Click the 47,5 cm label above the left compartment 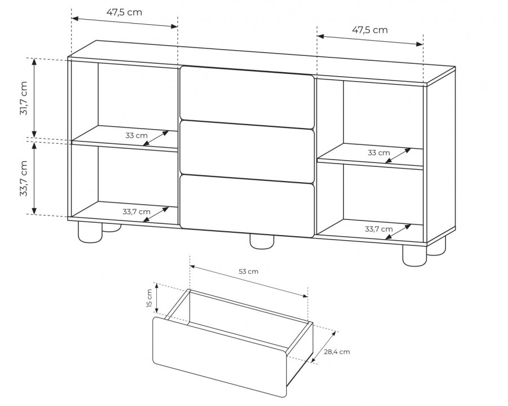click(x=124, y=12)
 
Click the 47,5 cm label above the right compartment click(x=370, y=30)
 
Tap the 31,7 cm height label click(x=24, y=98)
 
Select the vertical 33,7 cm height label click(x=24, y=178)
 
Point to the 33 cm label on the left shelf click(x=137, y=135)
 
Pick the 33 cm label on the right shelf click(x=379, y=152)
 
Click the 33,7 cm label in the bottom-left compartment click(x=137, y=212)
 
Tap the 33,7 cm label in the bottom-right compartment click(x=379, y=230)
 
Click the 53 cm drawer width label click(x=248, y=271)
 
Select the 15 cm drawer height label click(x=149, y=298)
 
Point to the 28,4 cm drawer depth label click(x=337, y=352)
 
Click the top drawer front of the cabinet click(x=247, y=96)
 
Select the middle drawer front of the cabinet click(x=247, y=152)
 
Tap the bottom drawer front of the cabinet click(x=247, y=206)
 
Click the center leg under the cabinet click(x=262, y=242)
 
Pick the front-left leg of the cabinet click(x=90, y=232)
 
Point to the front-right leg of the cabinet click(x=415, y=255)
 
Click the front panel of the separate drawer click(x=220, y=356)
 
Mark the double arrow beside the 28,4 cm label click(x=323, y=346)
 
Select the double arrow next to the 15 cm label click(x=157, y=298)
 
